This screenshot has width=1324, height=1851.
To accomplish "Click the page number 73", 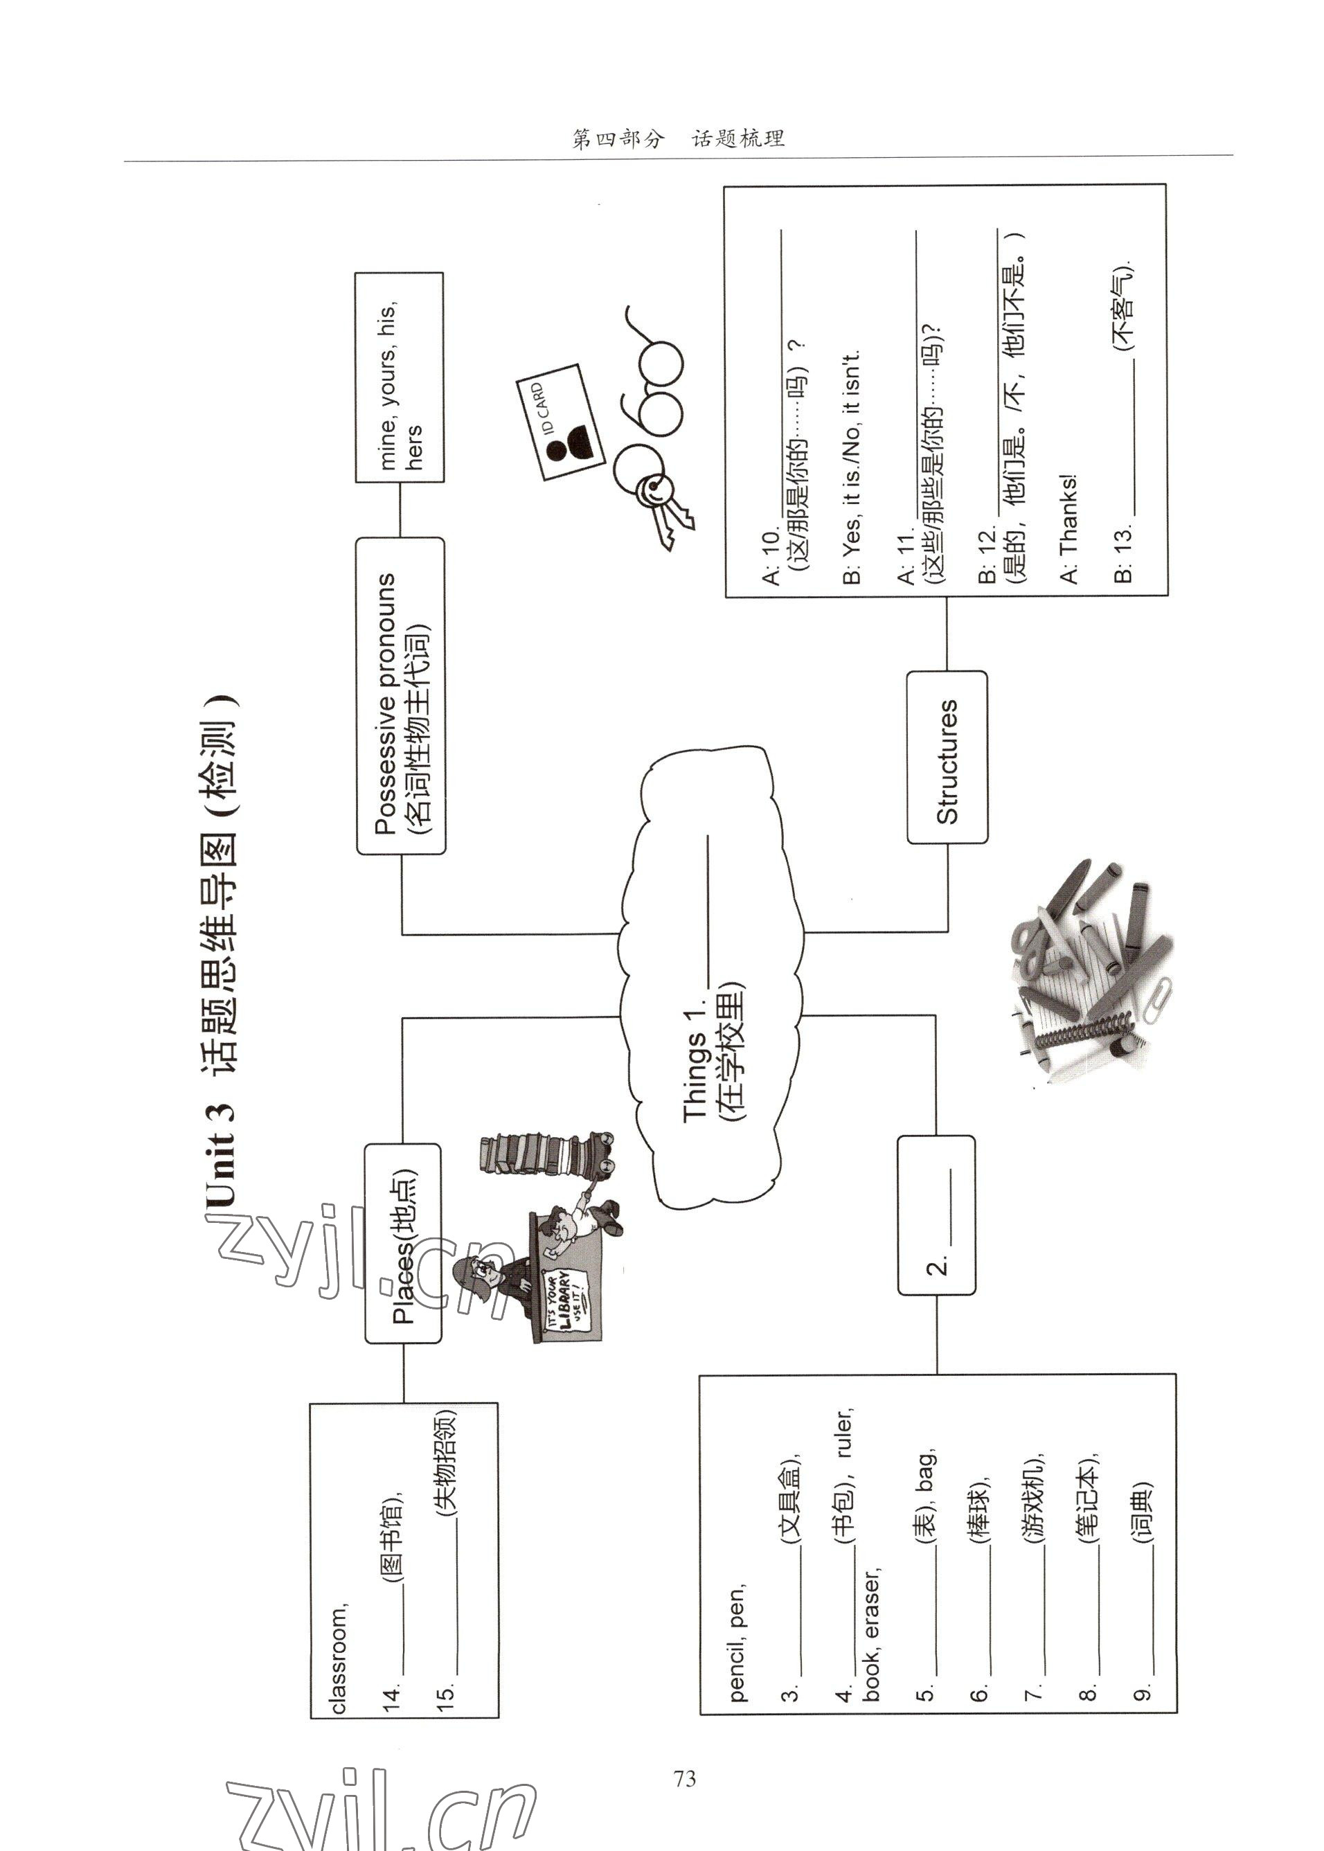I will click(x=685, y=1778).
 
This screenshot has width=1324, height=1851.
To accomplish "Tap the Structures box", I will click(x=947, y=756).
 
